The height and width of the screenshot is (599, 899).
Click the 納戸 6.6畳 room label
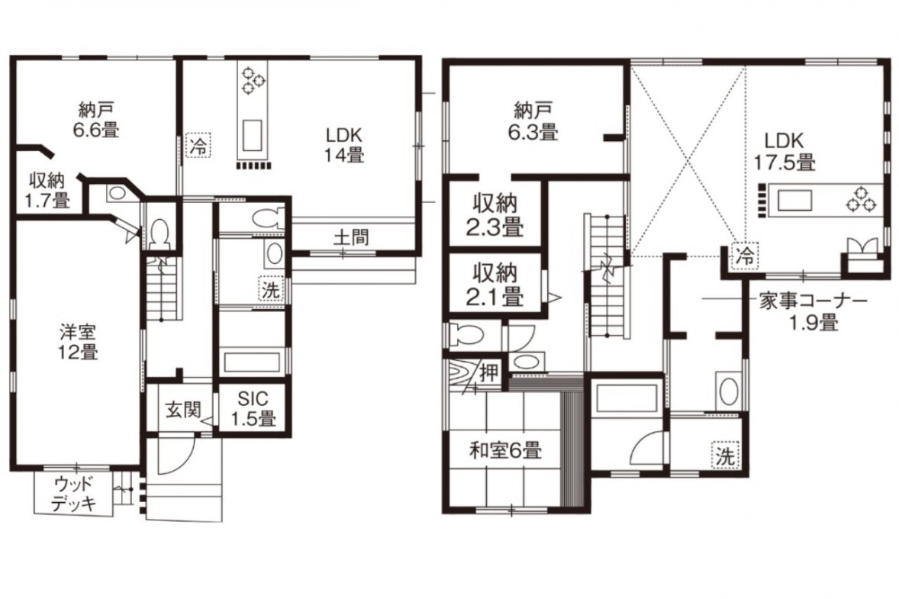click(96, 119)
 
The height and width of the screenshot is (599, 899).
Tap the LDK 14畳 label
click(344, 145)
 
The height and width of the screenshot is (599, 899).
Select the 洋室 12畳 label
click(78, 342)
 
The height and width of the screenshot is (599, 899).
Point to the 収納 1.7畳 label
click(47, 190)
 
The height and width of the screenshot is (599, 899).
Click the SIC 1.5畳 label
click(253, 408)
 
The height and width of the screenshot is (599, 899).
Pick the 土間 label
click(351, 237)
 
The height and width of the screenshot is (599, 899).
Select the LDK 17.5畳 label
click(785, 151)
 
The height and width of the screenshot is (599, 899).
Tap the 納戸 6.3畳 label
click(533, 121)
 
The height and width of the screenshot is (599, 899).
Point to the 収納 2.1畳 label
click(495, 285)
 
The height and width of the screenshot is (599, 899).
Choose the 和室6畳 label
click(506, 450)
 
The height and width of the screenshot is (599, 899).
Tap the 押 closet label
click(489, 373)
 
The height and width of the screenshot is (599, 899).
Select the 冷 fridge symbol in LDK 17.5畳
click(746, 255)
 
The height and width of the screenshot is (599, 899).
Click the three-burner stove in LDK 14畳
click(253, 80)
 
